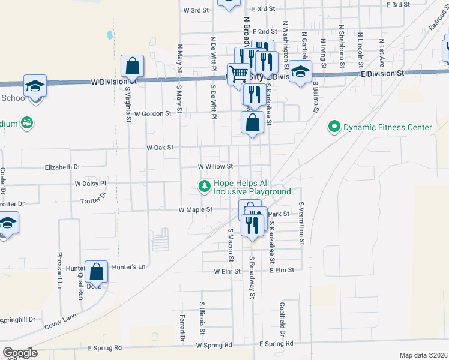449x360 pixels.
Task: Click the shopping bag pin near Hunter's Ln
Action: [x=96, y=273]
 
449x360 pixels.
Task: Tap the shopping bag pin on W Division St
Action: [x=132, y=67]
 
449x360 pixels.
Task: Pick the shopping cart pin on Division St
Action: [x=239, y=75]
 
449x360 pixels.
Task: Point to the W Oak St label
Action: [x=160, y=147]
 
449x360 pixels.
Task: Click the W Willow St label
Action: [x=215, y=166]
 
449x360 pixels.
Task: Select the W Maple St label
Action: [x=196, y=210]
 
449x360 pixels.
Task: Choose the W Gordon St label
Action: [x=152, y=113]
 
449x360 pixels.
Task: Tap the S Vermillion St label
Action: [x=303, y=223]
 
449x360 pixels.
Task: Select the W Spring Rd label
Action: [x=214, y=346]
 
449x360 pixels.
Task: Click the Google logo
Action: [x=20, y=353]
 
